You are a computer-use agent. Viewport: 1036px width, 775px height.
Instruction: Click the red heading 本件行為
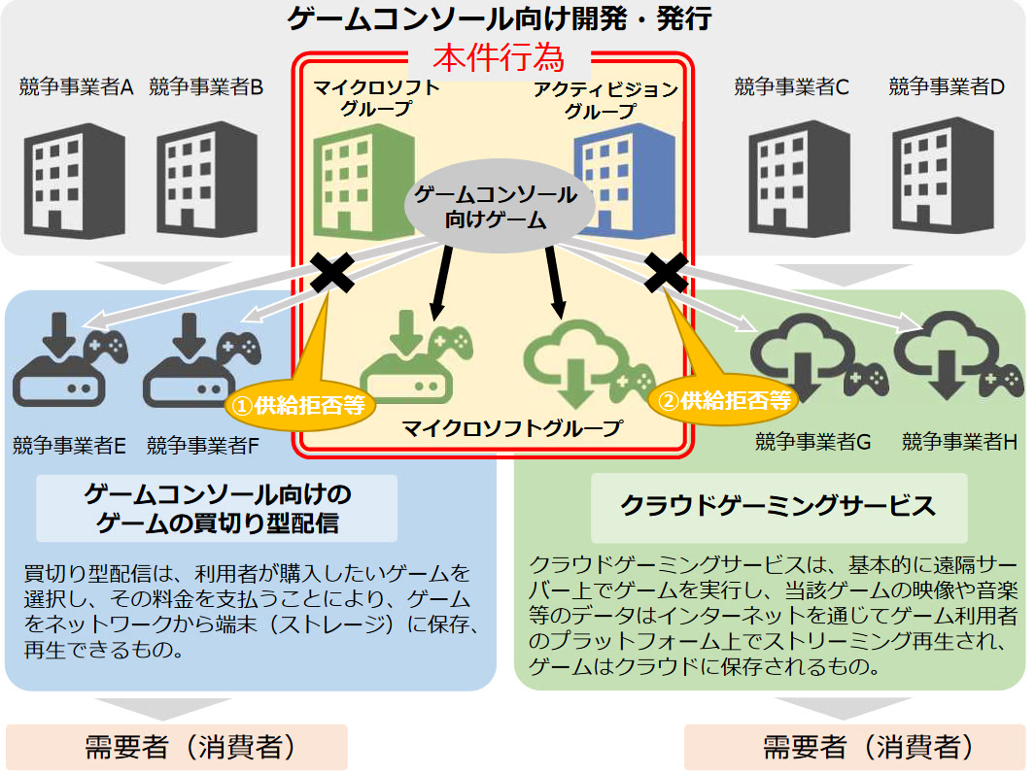click(498, 58)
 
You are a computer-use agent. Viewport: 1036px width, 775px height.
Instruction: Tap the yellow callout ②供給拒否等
click(723, 399)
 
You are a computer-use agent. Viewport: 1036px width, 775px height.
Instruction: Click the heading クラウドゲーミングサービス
click(777, 506)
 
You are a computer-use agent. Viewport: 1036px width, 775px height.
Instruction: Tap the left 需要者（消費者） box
click(176, 747)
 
